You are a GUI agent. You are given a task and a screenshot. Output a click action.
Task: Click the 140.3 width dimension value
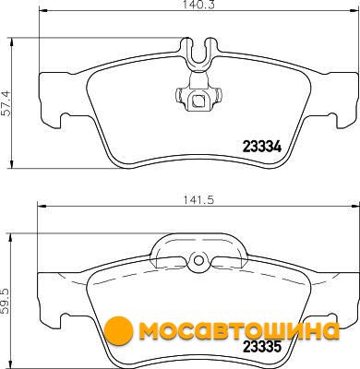point(198,4)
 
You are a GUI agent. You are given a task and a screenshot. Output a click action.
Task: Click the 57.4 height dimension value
point(6,103)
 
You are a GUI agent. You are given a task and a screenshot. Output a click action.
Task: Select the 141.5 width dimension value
point(198,200)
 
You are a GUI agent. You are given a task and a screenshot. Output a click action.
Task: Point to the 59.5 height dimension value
point(6,301)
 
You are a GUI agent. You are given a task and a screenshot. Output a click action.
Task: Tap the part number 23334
point(262,147)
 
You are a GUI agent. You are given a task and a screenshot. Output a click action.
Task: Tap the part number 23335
point(262,347)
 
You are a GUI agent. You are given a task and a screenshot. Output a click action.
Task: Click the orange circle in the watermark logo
point(118,330)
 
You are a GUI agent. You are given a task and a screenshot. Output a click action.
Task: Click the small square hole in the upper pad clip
point(198,100)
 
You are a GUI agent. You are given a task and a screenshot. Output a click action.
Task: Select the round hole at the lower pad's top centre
point(199,260)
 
